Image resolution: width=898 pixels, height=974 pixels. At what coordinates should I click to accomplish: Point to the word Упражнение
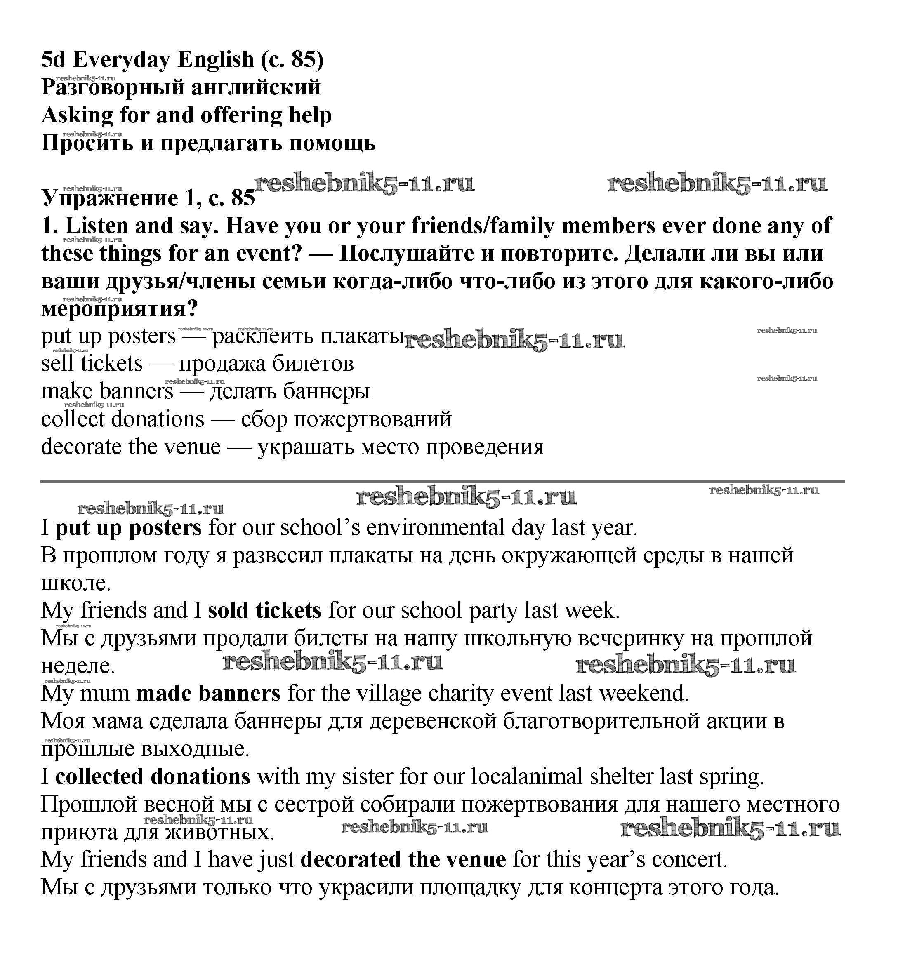110,198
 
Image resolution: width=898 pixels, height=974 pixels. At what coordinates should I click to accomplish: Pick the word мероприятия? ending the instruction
120,309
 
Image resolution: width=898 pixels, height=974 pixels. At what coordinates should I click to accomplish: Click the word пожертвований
373,419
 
